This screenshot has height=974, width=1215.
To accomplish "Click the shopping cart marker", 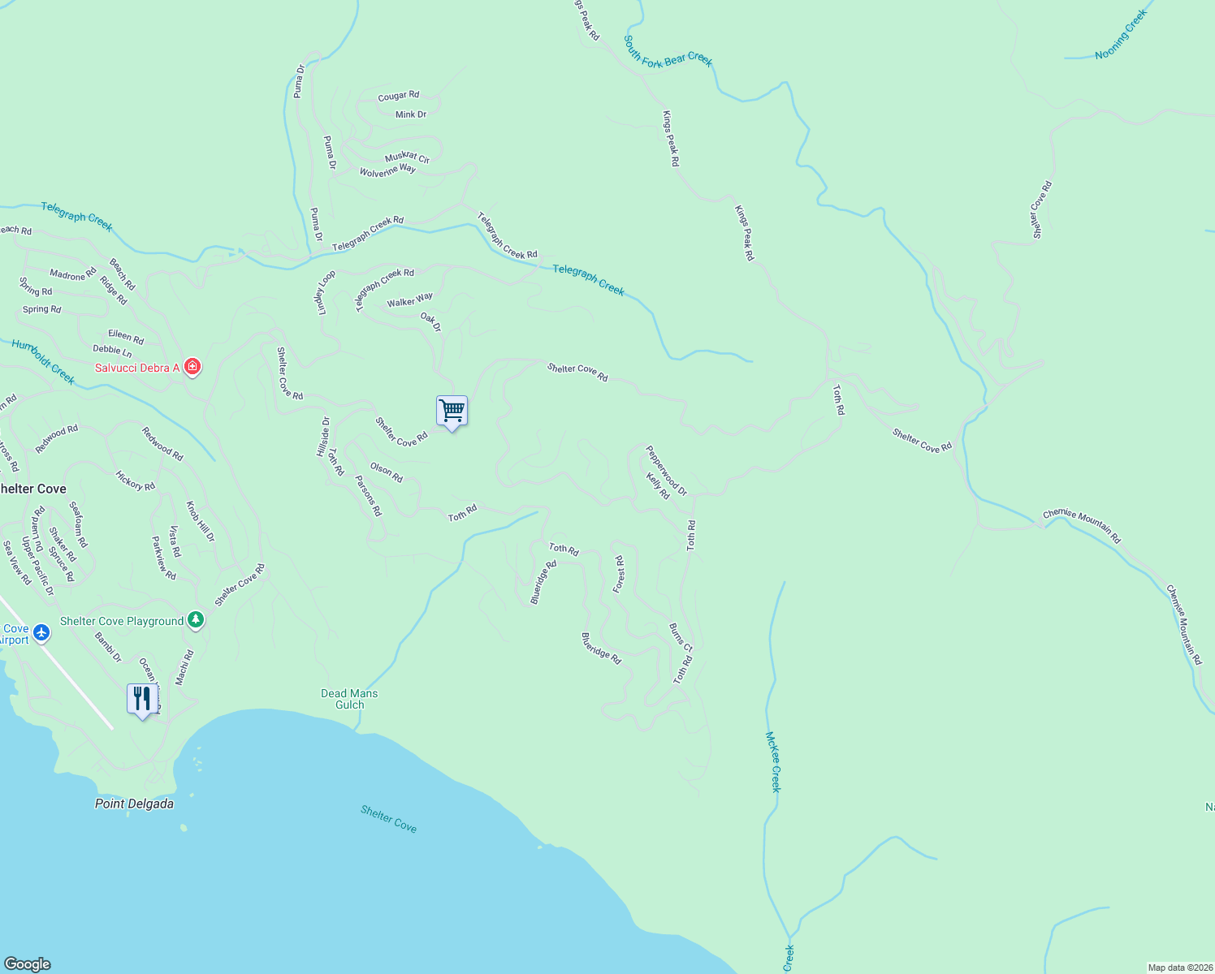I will [452, 411].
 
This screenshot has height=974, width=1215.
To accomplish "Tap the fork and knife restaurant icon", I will [142, 698].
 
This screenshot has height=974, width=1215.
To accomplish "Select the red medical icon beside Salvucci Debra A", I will [192, 367].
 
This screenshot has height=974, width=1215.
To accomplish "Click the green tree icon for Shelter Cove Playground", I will [195, 621].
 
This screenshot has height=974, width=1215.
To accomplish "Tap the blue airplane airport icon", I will [41, 632].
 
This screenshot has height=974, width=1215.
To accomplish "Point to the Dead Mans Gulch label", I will [349, 699].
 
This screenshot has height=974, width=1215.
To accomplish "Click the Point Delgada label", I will [134, 804].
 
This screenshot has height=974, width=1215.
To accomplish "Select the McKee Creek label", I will [774, 761].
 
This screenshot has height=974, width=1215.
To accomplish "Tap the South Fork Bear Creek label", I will [668, 51].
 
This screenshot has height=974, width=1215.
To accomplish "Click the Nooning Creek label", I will [1121, 35].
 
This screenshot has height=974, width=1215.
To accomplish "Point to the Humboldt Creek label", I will [43, 362].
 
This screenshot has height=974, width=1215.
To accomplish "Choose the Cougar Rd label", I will [399, 96].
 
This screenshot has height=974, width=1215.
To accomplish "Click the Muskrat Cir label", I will [407, 157].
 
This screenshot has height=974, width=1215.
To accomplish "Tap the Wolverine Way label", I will [387, 170].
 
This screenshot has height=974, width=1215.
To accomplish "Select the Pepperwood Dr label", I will [666, 470].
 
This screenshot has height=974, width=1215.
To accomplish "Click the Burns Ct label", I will [681, 637].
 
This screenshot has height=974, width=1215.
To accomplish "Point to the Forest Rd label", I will [619, 574].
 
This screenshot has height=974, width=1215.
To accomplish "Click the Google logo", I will [28, 964].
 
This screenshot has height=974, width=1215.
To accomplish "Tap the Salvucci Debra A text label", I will [137, 368].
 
